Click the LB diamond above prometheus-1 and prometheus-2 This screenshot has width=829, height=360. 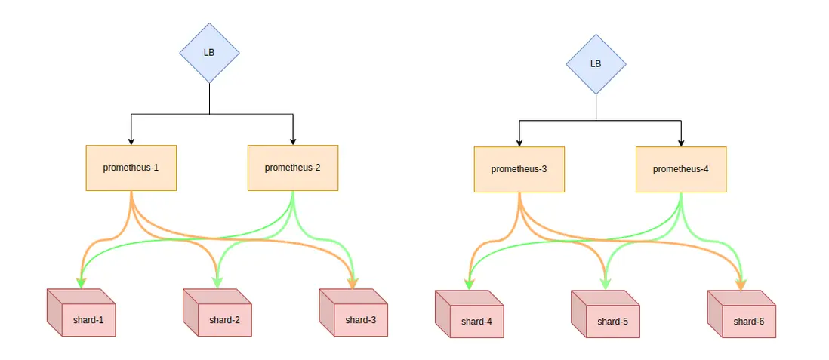209,53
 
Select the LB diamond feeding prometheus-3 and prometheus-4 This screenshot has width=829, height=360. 596,63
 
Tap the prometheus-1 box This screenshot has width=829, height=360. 131,168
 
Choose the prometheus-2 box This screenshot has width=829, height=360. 293,168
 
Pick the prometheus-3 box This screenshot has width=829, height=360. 519,169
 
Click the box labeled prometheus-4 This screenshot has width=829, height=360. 681,169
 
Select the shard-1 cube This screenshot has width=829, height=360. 83,316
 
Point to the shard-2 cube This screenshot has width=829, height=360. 220,316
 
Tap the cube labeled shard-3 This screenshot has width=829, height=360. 356,316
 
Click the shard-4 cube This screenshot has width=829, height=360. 471,318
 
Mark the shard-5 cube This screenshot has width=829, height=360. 607,318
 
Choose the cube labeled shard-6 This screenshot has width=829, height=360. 744,318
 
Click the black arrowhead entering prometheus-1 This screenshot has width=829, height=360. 131,140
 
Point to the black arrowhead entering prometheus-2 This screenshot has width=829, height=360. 293,140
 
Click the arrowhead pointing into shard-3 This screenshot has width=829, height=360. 353,283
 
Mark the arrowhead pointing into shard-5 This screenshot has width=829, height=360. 605,285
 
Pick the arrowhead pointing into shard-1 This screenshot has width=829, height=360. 80,283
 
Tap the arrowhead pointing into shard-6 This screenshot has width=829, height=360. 741,285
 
